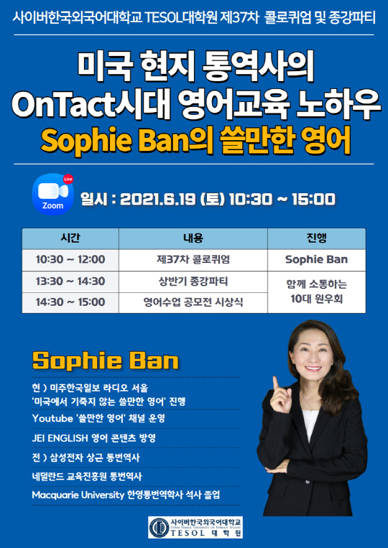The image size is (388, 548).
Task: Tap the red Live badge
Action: coord(68,178)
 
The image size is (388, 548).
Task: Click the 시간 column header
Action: coord(70,238)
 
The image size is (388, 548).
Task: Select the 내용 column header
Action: coord(193,238)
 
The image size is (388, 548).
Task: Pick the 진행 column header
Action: coord(316,238)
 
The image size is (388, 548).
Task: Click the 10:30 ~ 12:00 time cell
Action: coord(70,259)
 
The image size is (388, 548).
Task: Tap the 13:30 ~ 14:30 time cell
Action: coord(70,281)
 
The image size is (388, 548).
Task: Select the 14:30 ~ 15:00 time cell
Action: coord(70,302)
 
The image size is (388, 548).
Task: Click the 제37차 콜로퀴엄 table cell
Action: coord(193,259)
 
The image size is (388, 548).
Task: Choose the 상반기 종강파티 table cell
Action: coord(193,281)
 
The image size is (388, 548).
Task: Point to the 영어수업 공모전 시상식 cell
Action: coord(193,302)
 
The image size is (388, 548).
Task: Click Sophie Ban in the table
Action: coord(316,259)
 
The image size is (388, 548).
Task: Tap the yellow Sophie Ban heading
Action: coord(106,360)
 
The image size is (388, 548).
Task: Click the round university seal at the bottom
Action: coord(159,528)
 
